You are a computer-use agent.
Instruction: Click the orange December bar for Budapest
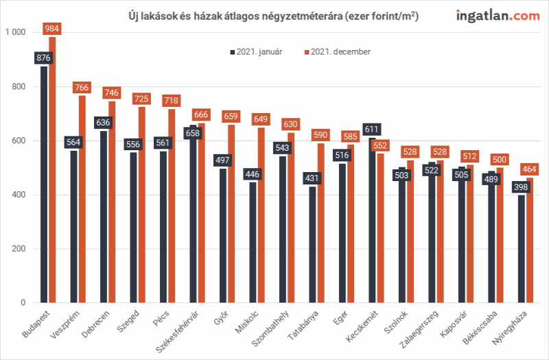click(52, 169)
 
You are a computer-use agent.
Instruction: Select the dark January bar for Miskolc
click(253, 243)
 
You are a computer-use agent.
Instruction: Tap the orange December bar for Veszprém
click(82, 199)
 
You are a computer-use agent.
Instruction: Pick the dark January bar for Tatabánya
click(312, 245)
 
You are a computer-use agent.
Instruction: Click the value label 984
click(52, 29)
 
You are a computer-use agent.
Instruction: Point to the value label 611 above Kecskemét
click(371, 130)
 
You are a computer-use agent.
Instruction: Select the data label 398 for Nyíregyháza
click(521, 187)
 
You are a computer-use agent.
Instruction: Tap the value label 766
click(82, 88)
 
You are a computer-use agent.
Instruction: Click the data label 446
click(252, 174)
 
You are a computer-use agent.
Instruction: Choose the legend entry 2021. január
click(256, 52)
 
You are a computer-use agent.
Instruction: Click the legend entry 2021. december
click(338, 52)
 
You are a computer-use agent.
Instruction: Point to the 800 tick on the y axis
click(19, 86)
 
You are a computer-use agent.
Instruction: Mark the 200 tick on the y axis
click(19, 249)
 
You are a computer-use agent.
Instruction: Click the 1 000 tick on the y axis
click(15, 32)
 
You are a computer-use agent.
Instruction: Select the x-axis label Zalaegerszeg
click(419, 329)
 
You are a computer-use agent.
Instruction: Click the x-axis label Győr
click(222, 317)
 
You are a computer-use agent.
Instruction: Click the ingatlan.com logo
click(498, 16)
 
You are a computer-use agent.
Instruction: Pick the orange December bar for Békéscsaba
click(500, 235)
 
